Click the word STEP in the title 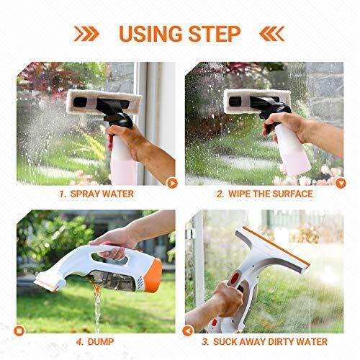point(214,34)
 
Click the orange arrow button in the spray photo point(171,183)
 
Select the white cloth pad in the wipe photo point(252,101)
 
